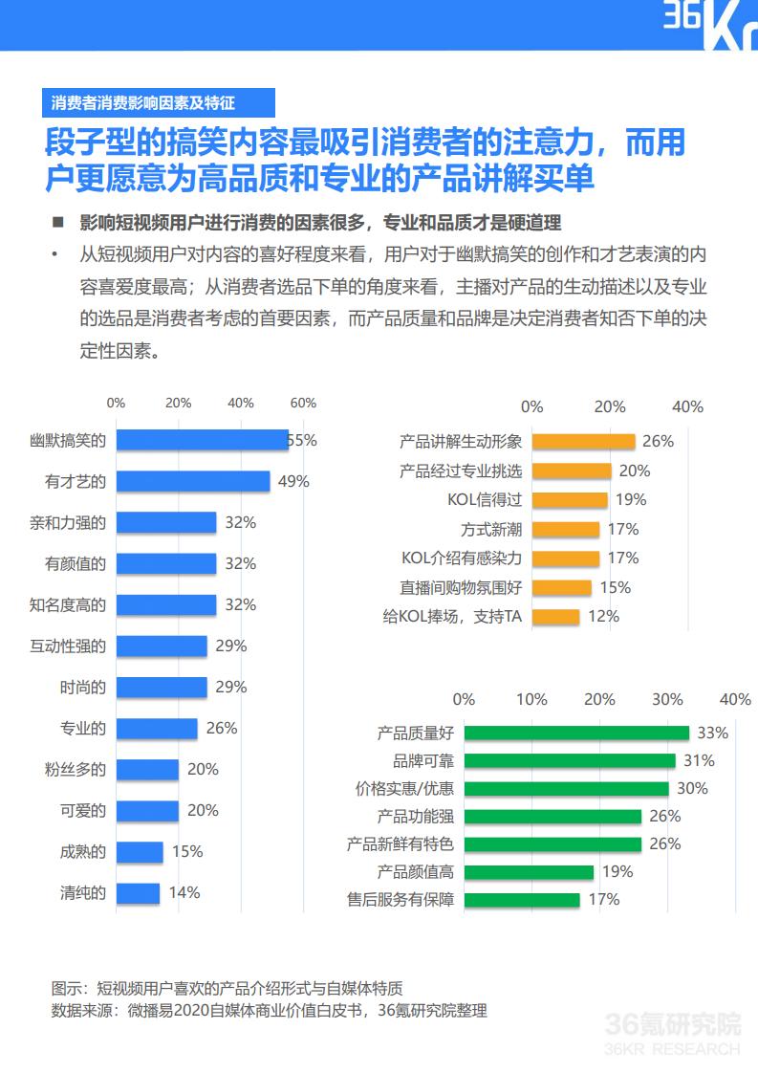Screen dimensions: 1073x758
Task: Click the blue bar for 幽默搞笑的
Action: pyautogui.click(x=202, y=440)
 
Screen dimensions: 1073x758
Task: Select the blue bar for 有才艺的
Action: pyautogui.click(x=192, y=481)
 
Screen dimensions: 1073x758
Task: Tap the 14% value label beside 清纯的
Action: pyautogui.click(x=184, y=892)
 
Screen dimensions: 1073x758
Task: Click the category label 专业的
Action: pyautogui.click(x=83, y=728)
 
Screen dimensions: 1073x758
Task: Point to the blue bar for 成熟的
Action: pyautogui.click(x=140, y=851)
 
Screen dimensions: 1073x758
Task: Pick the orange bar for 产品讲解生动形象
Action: pyautogui.click(x=583, y=441)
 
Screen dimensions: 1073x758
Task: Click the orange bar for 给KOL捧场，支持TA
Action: pyautogui.click(x=555, y=617)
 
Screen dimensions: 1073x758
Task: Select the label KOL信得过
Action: pyautogui.click(x=485, y=499)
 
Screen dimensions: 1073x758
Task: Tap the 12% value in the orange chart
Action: pyautogui.click(x=603, y=617)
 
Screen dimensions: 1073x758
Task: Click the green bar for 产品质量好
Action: pyautogui.click(x=576, y=734)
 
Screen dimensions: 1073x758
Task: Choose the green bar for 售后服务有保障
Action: pyautogui.click(x=522, y=899)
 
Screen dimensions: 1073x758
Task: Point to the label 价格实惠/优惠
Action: pyautogui.click(x=404, y=789)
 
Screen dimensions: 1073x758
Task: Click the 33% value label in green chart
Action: pyautogui.click(x=712, y=734)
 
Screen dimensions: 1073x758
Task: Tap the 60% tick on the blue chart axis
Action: pyautogui.click(x=303, y=403)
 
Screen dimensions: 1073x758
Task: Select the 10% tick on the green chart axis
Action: pyautogui.click(x=531, y=700)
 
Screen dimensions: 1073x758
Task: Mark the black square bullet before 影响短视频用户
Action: pyautogui.click(x=58, y=223)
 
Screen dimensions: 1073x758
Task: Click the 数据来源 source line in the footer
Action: pyautogui.click(x=269, y=1010)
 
